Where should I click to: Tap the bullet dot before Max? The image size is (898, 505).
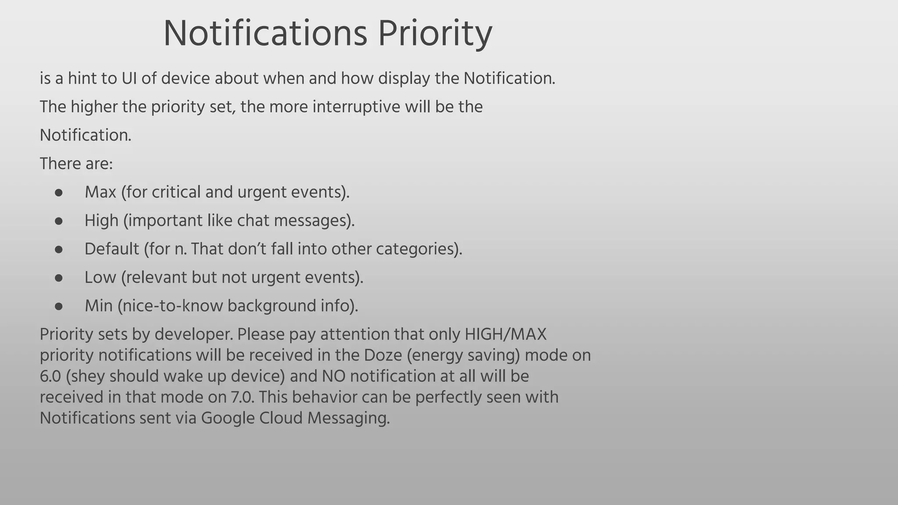pyautogui.click(x=59, y=193)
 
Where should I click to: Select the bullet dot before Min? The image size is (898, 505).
pyautogui.click(x=59, y=306)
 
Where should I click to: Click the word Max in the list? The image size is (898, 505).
pyautogui.click(x=100, y=192)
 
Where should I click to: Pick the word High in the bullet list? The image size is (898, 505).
pyautogui.click(x=101, y=220)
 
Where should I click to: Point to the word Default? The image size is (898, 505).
pyautogui.click(x=112, y=249)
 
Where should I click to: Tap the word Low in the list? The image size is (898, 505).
pyautogui.click(x=100, y=277)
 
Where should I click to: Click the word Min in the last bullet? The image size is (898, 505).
pyautogui.click(x=99, y=306)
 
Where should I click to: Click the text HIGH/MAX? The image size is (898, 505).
pyautogui.click(x=505, y=334)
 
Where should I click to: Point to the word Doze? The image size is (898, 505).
pyautogui.click(x=383, y=355)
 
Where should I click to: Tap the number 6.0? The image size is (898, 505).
pyautogui.click(x=50, y=376)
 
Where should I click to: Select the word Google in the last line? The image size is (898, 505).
pyautogui.click(x=228, y=418)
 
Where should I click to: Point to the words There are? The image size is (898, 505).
pyautogui.click(x=76, y=164)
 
